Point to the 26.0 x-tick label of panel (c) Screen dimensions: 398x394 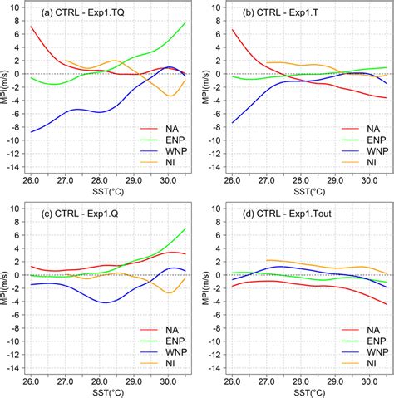click(x=31, y=380)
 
